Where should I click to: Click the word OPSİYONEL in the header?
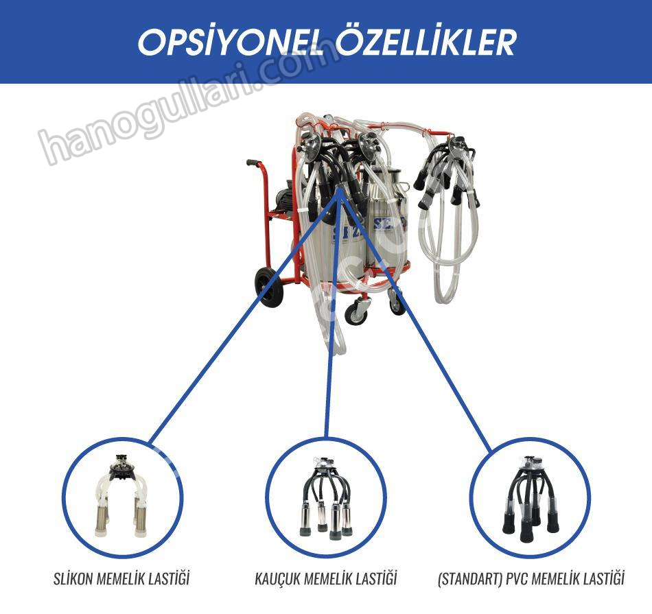click(231, 42)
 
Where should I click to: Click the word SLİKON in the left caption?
click(73, 578)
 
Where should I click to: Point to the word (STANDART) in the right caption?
click(470, 578)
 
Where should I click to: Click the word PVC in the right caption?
click(517, 578)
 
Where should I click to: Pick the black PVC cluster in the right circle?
click(531, 499)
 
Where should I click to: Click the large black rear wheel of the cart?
click(269, 287)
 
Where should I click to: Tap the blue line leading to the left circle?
click(244, 316)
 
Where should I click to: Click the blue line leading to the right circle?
click(416, 320)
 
